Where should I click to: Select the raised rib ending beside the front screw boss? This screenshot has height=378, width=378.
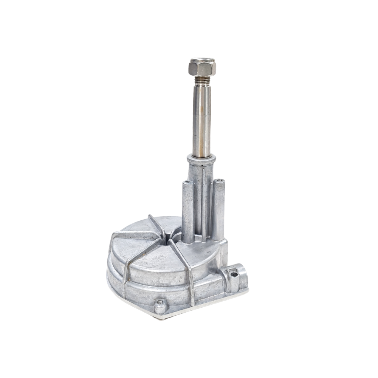(189, 280)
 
